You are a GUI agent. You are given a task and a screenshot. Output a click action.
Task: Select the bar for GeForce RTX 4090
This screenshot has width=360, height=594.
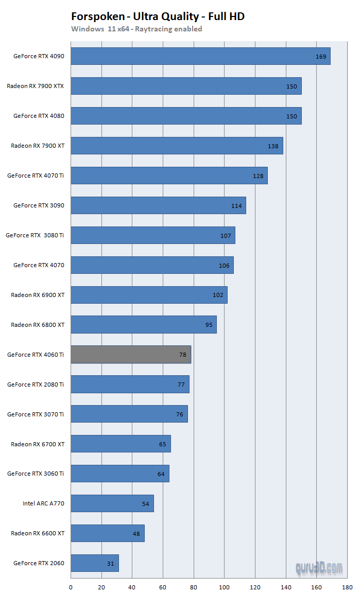[x=200, y=56]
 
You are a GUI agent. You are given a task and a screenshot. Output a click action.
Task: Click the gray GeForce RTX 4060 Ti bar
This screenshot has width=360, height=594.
[x=131, y=355]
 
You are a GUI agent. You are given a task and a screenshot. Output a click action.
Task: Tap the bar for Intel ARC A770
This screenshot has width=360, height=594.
[x=112, y=503]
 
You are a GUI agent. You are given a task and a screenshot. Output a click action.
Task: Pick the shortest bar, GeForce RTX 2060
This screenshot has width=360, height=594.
[x=95, y=563]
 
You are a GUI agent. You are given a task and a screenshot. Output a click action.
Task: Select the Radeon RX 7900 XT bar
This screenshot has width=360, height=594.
[x=177, y=146]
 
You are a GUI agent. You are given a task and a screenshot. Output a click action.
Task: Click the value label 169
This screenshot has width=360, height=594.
[x=321, y=57]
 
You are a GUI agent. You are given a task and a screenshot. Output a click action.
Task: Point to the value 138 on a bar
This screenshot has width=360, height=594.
[x=273, y=146]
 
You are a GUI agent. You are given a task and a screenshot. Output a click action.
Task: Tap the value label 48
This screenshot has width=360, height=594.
[x=136, y=534]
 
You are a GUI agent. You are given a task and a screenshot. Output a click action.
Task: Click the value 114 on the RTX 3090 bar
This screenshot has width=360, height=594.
[x=236, y=206]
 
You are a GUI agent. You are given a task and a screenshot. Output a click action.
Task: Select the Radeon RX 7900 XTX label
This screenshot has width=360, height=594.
[x=36, y=86]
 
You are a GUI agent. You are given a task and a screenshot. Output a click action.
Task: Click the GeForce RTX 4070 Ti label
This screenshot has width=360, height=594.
[x=36, y=176]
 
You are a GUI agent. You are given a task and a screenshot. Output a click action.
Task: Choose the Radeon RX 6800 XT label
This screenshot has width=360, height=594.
[x=38, y=325]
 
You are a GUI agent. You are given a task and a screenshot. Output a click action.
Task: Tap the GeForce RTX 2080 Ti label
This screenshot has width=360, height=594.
[x=36, y=385]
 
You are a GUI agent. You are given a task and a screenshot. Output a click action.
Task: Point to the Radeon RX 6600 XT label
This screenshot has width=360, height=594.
[x=38, y=533]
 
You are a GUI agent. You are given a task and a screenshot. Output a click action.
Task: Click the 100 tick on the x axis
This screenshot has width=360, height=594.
[x=224, y=586]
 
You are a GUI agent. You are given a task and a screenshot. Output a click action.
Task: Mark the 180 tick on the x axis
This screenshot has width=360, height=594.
[x=347, y=586]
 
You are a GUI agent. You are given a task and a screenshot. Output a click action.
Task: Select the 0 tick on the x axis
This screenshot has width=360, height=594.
[x=71, y=586]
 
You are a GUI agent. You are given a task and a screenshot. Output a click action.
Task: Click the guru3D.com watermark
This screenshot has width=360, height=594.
[x=319, y=568]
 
